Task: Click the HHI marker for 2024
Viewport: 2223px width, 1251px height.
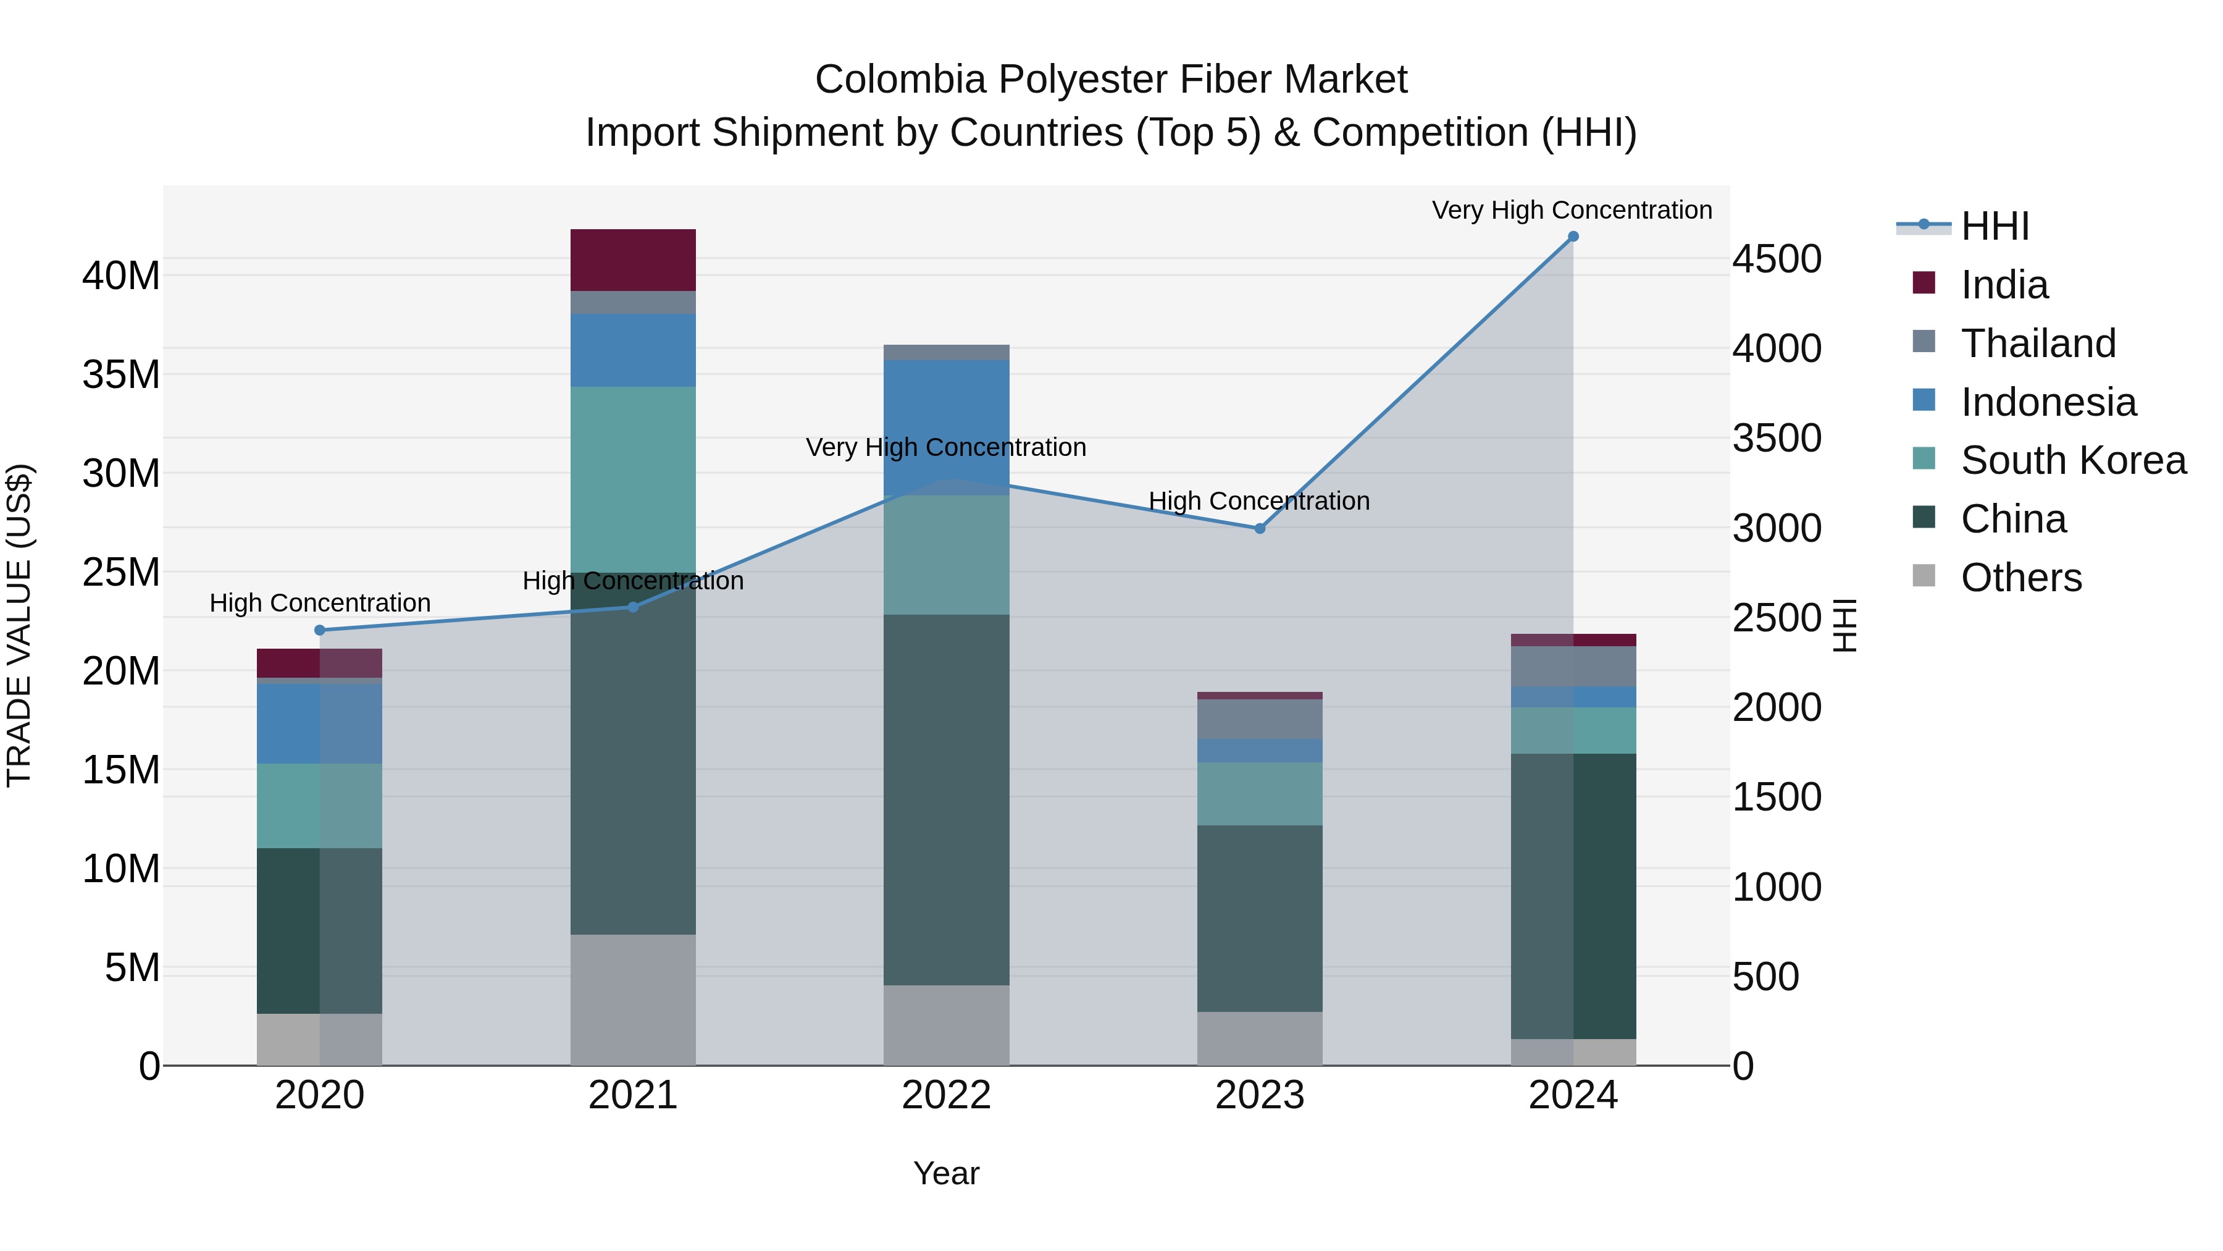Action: pos(1572,237)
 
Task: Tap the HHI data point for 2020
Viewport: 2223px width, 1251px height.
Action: pos(320,630)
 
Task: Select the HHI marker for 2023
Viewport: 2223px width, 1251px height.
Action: pos(1259,528)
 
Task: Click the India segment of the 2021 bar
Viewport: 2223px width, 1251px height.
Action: pos(632,260)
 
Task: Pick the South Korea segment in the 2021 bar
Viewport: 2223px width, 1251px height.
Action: pos(632,479)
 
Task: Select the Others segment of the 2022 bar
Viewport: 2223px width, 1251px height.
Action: pos(946,1025)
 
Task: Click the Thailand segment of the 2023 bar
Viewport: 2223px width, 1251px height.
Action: pos(1259,719)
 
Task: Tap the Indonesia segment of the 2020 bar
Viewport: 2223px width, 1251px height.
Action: pos(320,723)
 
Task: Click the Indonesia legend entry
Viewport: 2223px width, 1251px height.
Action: pos(2048,402)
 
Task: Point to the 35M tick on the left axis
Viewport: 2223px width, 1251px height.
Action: pos(122,376)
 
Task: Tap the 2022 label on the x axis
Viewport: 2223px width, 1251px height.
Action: pos(946,1095)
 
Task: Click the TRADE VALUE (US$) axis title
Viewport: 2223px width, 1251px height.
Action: pos(20,625)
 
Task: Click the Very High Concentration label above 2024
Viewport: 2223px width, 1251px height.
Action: pos(1572,211)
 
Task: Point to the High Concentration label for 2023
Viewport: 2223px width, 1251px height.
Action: pos(1258,501)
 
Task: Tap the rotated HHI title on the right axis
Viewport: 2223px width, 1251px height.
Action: pos(1845,625)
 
